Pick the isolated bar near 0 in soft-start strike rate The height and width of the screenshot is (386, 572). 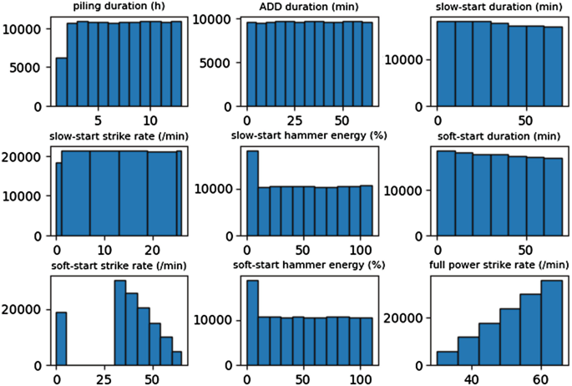(61, 338)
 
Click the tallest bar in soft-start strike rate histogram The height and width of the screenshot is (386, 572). (119, 323)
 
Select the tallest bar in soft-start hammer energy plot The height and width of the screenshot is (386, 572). (252, 323)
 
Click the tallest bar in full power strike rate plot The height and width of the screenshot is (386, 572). (551, 323)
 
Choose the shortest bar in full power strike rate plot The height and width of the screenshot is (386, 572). (447, 358)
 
